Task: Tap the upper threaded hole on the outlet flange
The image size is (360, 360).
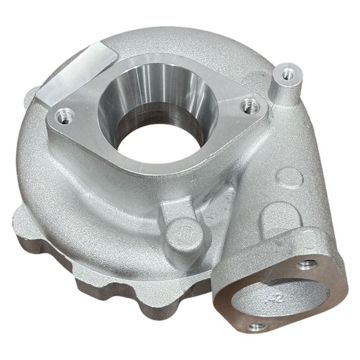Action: point(309,263)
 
